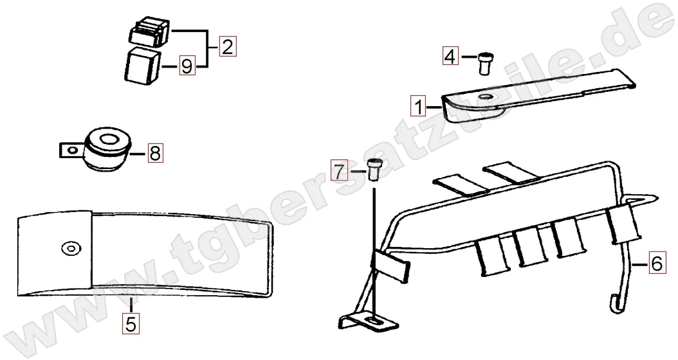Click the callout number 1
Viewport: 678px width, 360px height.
coord(418,106)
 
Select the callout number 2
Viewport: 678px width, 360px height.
coord(228,46)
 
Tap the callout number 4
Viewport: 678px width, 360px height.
coord(450,57)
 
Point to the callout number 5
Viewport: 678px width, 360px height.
coord(131,323)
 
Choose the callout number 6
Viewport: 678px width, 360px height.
coord(656,263)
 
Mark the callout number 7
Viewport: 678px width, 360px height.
coord(340,171)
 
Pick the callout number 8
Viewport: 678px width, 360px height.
coord(155,152)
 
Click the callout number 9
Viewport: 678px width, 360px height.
coord(187,66)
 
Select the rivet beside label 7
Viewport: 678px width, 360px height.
coord(373,170)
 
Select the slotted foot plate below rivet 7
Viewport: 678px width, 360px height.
coord(369,322)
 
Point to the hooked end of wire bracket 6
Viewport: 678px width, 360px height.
coord(615,304)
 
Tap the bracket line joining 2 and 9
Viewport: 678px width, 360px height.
coord(208,48)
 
